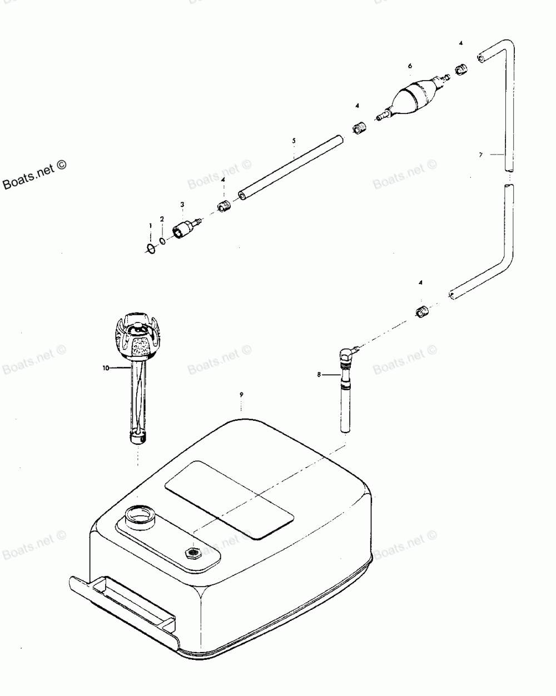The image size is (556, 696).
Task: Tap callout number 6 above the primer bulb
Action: [410, 66]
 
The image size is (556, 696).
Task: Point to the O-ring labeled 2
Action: [162, 241]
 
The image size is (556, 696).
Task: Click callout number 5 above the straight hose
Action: [294, 141]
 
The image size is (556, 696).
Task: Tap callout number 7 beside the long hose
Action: [481, 155]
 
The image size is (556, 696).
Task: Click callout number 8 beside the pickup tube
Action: [319, 375]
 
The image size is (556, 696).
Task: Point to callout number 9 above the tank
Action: [241, 394]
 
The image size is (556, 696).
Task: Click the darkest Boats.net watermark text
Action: [34, 177]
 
